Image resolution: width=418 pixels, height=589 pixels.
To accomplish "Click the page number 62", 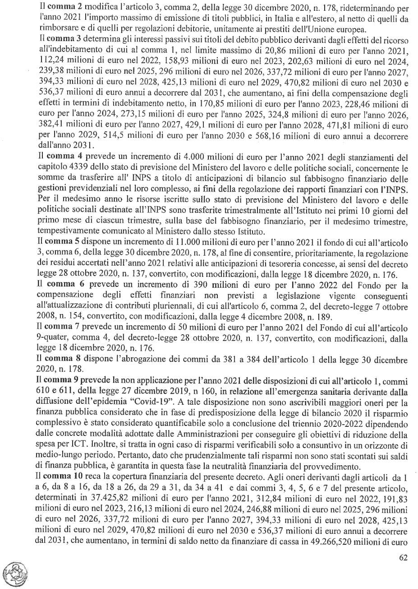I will pos(403,557).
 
